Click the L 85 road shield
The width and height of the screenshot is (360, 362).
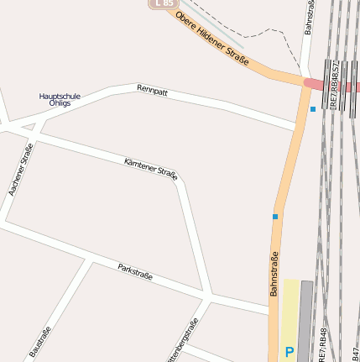[164, 3]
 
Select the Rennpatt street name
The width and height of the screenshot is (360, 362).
[152, 90]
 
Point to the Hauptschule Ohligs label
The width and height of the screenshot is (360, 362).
[60, 99]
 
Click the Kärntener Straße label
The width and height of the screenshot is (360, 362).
[150, 168]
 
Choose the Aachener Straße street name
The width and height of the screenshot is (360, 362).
[21, 171]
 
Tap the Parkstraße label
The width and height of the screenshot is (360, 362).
[135, 271]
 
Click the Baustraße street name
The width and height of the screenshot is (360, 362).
[40, 342]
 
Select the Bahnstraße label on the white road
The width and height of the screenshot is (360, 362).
[309, 17]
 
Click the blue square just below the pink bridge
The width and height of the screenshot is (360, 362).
[313, 108]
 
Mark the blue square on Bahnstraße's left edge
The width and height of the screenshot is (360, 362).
[274, 217]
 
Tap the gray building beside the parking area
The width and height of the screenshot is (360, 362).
[305, 319]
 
